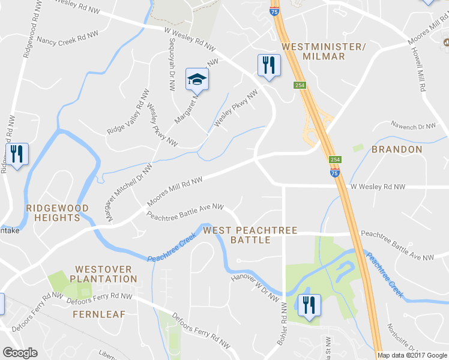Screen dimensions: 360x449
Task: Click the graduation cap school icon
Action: (196, 79)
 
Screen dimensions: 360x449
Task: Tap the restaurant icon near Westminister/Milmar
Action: (268, 65)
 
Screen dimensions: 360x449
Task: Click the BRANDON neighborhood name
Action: (397, 149)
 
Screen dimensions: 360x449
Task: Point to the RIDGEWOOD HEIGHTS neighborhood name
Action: (57, 213)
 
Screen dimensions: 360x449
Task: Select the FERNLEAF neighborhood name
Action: (97, 314)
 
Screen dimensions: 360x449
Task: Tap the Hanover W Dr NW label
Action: (255, 287)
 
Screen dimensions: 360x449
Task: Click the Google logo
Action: (20, 352)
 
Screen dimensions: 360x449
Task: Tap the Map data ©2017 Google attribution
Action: (412, 355)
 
